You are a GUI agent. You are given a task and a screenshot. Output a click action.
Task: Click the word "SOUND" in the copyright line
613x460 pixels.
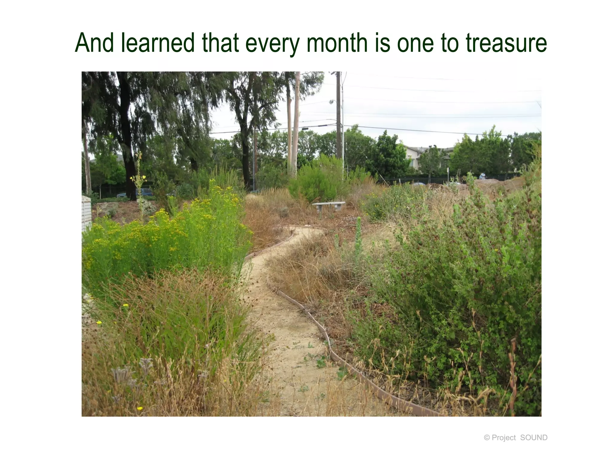click(x=534, y=438)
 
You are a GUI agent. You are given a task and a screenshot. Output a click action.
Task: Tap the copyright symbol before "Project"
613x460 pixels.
click(x=487, y=438)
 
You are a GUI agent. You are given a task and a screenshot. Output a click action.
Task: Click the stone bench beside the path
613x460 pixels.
click(x=328, y=205)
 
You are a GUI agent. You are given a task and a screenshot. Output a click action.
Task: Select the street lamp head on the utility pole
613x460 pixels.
click(x=331, y=102)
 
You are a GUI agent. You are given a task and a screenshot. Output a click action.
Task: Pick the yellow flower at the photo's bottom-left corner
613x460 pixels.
click(x=139, y=408)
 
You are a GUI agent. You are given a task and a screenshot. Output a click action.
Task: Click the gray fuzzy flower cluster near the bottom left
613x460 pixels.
click(x=123, y=374)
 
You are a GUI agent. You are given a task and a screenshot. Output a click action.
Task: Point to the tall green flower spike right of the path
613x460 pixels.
click(x=358, y=234)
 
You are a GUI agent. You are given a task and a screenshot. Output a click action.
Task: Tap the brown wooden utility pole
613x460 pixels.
click(x=338, y=117)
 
